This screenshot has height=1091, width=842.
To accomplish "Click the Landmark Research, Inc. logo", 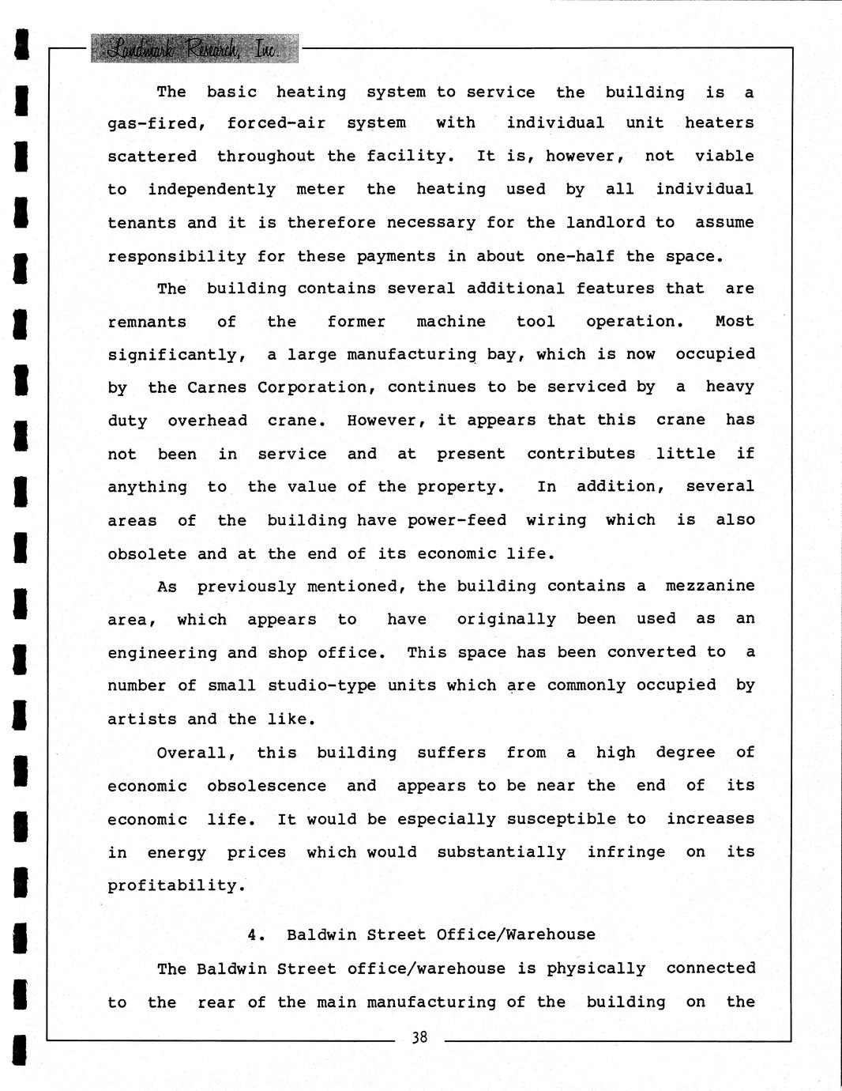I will coord(194,49).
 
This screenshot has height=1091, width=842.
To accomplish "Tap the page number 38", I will coord(419,1036).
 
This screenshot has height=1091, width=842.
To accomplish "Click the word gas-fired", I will coord(156,123).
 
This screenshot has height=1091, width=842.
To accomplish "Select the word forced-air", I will coord(276,123).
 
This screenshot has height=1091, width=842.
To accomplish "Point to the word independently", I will coord(211,190).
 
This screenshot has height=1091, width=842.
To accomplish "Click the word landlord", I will coord(605,223).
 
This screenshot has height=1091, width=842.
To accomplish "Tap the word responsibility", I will coord(176,257).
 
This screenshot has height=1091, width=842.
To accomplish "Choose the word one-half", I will coord(575,256).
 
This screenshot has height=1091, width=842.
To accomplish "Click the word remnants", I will coord(147,322).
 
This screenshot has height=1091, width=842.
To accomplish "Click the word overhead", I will coord(207,421).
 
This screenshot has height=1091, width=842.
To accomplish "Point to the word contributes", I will coord(581,454).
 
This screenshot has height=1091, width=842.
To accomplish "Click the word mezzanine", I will coord(709,586).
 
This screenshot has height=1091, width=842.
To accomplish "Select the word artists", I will coord(142,719).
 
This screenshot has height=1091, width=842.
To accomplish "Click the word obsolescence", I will coord(266,786).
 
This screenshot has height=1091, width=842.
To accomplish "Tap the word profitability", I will coord(176,886).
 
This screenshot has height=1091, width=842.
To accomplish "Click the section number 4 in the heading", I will coord(254,934).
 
